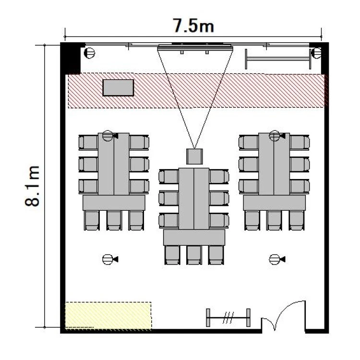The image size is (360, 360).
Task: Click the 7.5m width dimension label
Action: (x=193, y=25)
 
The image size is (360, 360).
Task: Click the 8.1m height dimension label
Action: (x=32, y=185)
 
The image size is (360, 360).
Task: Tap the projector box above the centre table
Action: (x=194, y=156)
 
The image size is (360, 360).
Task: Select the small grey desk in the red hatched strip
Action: (x=118, y=88)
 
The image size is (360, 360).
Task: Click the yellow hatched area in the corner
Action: (x=108, y=316)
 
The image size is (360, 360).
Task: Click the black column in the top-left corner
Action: (x=71, y=58)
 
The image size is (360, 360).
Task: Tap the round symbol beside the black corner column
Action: (x=90, y=53)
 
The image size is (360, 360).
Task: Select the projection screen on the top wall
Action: (x=195, y=48)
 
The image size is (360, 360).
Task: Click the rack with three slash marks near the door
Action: (x=228, y=318)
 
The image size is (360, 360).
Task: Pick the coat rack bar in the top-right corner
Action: (x=278, y=59)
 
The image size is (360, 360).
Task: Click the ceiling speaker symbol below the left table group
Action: (x=110, y=259)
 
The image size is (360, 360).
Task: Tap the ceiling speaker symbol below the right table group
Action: (x=277, y=259)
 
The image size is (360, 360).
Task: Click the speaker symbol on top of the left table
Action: (x=110, y=136)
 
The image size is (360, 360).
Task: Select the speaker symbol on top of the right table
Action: (x=277, y=136)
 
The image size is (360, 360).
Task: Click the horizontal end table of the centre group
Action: (x=194, y=238)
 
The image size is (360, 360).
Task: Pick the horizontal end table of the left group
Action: (x=114, y=203)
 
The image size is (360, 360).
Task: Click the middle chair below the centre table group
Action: (x=194, y=255)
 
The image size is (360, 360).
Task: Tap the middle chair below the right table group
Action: (x=275, y=220)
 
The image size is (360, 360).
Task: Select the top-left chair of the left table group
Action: (x=88, y=143)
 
